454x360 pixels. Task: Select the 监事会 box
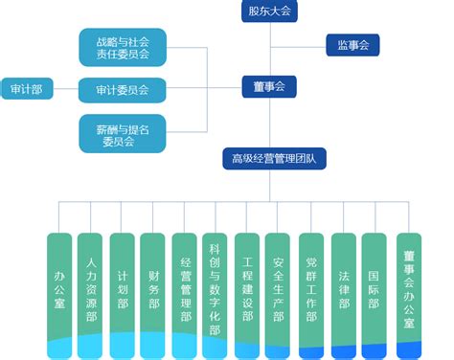click(x=353, y=44)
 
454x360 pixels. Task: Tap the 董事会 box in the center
click(x=269, y=87)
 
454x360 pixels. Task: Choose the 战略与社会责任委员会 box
click(x=123, y=48)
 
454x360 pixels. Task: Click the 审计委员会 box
click(x=123, y=90)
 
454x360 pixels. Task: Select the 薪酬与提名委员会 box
click(x=123, y=132)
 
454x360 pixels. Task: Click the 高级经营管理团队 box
click(x=273, y=157)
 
